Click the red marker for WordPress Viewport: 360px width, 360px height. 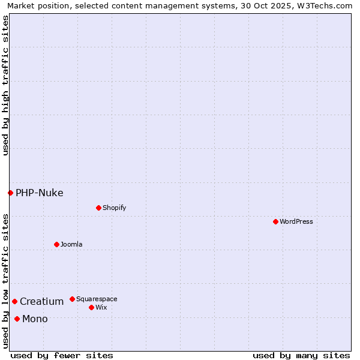[x=275, y=221]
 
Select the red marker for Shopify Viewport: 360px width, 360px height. [x=98, y=208]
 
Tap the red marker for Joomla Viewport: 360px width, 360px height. [x=56, y=244]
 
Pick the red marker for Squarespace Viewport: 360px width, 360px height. [x=72, y=299]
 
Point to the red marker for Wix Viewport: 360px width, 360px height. [x=91, y=307]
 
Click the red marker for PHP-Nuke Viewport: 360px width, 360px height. [x=10, y=193]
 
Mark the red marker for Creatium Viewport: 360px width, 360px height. [x=14, y=301]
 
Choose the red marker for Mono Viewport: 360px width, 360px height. [x=17, y=319]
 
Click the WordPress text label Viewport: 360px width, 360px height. [x=296, y=221]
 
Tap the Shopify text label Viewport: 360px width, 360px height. [x=115, y=208]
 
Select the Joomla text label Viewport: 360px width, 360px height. [x=71, y=244]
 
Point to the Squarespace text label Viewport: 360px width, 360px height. [x=97, y=299]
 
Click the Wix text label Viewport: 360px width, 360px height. [x=101, y=307]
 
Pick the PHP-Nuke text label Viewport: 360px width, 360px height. [x=40, y=193]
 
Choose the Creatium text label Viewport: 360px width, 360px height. [x=42, y=301]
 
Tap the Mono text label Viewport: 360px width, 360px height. [x=35, y=319]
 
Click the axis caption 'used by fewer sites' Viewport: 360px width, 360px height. [x=62, y=355]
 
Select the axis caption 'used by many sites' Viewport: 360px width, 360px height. [x=301, y=355]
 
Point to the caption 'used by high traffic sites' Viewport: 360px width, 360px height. [x=5, y=85]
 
